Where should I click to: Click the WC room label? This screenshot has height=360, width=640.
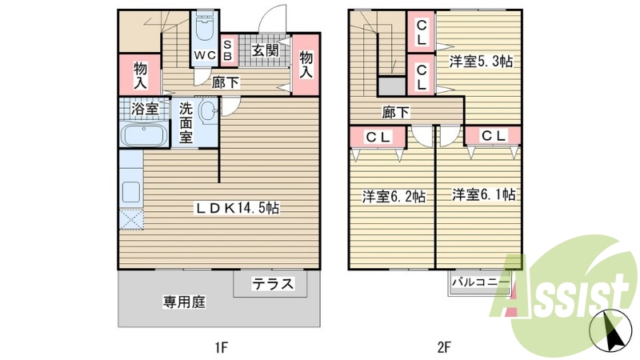click(x=205, y=56)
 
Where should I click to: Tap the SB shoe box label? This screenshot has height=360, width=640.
click(x=226, y=51)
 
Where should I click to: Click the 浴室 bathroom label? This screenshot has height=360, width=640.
click(x=144, y=109)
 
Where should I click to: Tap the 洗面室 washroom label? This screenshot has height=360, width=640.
click(x=186, y=122)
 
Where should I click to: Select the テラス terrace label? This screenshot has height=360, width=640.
click(x=274, y=283)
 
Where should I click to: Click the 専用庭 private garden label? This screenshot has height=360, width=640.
click(x=185, y=302)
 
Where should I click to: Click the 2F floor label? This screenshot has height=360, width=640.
click(x=445, y=347)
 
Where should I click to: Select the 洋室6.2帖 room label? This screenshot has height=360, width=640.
click(x=393, y=196)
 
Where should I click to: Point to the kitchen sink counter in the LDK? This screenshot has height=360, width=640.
click(x=130, y=192)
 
